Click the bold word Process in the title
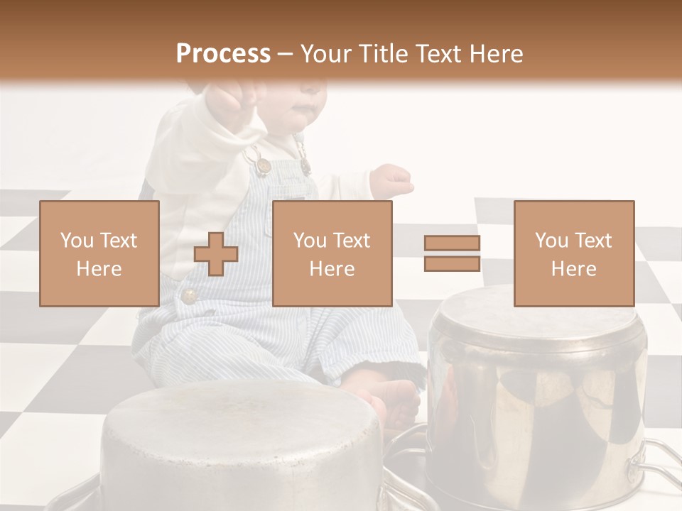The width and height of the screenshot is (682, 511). (x=223, y=54)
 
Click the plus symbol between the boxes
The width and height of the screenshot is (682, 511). (x=216, y=253)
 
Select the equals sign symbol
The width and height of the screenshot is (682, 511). (x=452, y=253)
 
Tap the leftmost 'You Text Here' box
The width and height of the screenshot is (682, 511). (x=99, y=253)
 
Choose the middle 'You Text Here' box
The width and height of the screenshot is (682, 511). (x=332, y=253)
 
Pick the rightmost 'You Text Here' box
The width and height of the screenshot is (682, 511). (x=573, y=253)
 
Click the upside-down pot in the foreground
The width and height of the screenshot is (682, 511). (x=242, y=447)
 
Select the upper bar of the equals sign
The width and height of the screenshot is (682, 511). (x=452, y=243)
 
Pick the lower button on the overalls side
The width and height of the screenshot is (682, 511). (x=189, y=295)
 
